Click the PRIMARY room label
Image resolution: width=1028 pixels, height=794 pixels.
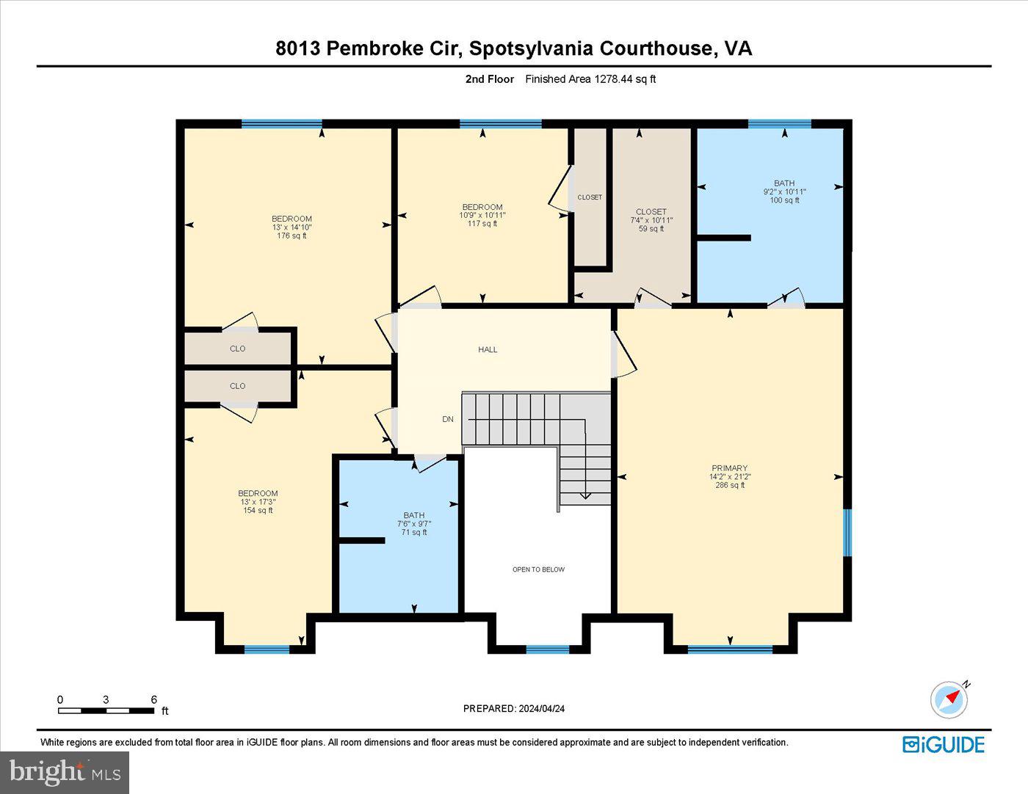pyautogui.click(x=729, y=468)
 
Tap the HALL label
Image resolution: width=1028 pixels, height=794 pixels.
pyautogui.click(x=488, y=349)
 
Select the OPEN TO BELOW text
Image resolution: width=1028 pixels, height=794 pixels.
pyautogui.click(x=538, y=569)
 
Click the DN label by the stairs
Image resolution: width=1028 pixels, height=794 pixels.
pyautogui.click(x=448, y=419)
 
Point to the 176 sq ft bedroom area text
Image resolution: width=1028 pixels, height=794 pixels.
pyautogui.click(x=292, y=236)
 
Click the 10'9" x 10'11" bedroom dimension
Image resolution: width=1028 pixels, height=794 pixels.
pyautogui.click(x=482, y=215)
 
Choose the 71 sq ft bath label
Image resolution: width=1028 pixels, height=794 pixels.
pyautogui.click(x=414, y=533)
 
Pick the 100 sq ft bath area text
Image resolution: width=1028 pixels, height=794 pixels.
pyautogui.click(x=784, y=200)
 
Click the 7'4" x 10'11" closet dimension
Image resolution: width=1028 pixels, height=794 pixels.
pyautogui.click(x=651, y=220)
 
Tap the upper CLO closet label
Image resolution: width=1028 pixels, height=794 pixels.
pyautogui.click(x=237, y=349)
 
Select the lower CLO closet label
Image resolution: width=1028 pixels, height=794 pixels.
pyautogui.click(x=237, y=386)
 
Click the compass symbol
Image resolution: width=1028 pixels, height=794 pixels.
pyautogui.click(x=949, y=699)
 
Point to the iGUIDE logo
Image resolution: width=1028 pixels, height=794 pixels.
pyautogui.click(x=944, y=744)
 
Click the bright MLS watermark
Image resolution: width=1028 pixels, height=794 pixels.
pyautogui.click(x=65, y=772)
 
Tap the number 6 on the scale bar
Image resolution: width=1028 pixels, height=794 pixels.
pyautogui.click(x=153, y=699)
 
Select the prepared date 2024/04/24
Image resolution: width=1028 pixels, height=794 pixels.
pyautogui.click(x=541, y=709)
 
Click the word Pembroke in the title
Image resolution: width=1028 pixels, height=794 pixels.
pyautogui.click(x=374, y=48)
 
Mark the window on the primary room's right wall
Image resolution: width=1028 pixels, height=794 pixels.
pyautogui.click(x=847, y=532)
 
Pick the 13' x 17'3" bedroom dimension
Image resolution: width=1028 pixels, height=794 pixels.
pyautogui.click(x=258, y=502)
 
